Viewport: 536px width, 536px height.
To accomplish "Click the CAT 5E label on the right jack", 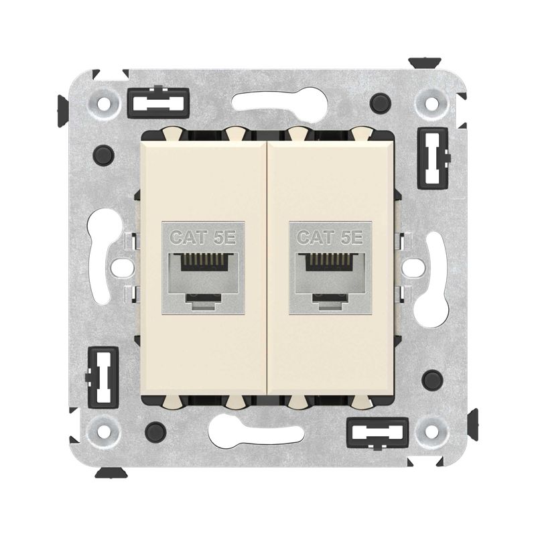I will [329, 237].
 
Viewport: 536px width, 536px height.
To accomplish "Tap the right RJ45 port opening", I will [329, 271].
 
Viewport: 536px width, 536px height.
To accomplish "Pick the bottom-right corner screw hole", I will [429, 426].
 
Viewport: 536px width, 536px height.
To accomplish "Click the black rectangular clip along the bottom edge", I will [377, 429].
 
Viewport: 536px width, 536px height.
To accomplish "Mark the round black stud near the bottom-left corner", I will [155, 429].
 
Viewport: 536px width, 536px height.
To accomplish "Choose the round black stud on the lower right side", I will [432, 378].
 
